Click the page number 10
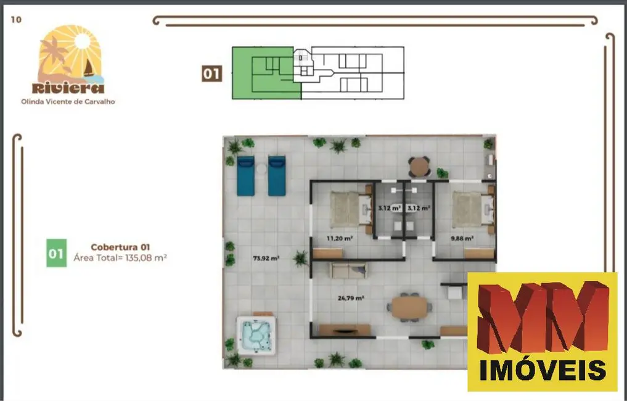[x=16, y=19]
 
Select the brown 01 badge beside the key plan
[x=211, y=74]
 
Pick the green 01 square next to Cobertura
[x=56, y=253]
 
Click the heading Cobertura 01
[x=120, y=247]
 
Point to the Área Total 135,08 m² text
[x=120, y=258]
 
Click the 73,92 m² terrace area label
[x=266, y=258]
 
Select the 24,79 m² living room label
[x=350, y=298]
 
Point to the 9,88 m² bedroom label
[x=462, y=238]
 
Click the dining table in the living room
[x=409, y=307]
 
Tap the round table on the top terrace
[x=420, y=166]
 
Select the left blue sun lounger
[x=245, y=175]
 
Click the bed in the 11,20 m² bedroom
[x=348, y=208]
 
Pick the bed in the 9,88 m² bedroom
[x=470, y=208]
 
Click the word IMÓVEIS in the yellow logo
[x=543, y=370]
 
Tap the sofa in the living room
[x=348, y=270]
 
